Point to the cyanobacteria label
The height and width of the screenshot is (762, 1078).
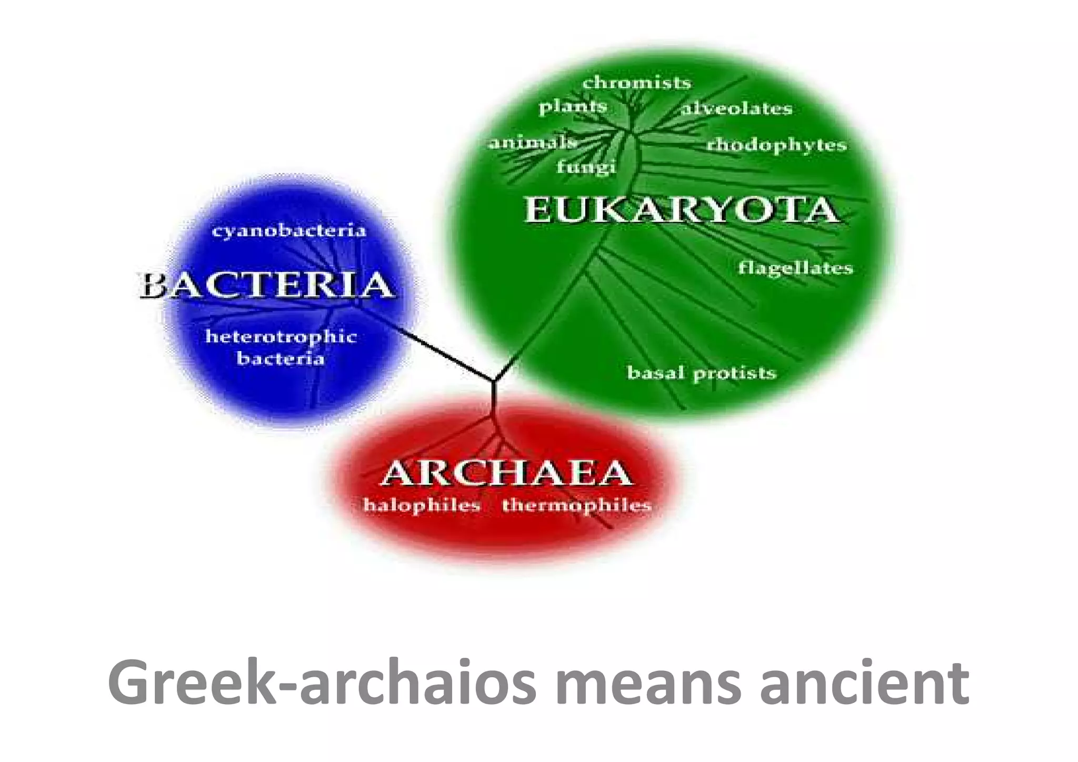click(288, 230)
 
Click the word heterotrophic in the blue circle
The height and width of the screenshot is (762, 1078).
click(281, 336)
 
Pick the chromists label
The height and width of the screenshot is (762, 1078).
click(636, 83)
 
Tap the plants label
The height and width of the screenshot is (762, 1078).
click(573, 107)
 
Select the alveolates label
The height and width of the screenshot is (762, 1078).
click(736, 108)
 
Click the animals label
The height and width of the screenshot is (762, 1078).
click(532, 143)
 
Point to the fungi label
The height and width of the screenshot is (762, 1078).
click(586, 167)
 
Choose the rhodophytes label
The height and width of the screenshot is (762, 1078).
click(776, 145)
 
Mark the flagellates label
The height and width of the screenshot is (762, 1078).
click(795, 268)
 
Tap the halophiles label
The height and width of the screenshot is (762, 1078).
click(422, 505)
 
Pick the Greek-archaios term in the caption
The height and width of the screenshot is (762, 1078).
click(322, 683)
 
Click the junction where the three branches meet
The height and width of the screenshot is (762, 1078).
click(494, 380)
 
